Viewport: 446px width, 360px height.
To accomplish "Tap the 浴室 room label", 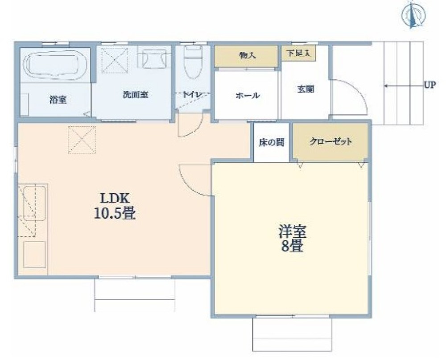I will pyautogui.click(x=58, y=100).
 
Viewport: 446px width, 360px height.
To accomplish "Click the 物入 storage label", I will pyautogui.click(x=246, y=56).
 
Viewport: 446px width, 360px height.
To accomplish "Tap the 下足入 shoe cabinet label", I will pyautogui.click(x=298, y=53).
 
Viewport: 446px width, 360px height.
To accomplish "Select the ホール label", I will pyautogui.click(x=248, y=95).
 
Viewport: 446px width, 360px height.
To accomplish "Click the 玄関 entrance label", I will pyautogui.click(x=306, y=89).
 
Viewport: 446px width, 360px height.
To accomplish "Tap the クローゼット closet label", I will pyautogui.click(x=330, y=142).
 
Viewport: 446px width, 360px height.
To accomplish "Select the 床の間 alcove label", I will pyautogui.click(x=272, y=143).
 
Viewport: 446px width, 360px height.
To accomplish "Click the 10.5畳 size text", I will pyautogui.click(x=115, y=214).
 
